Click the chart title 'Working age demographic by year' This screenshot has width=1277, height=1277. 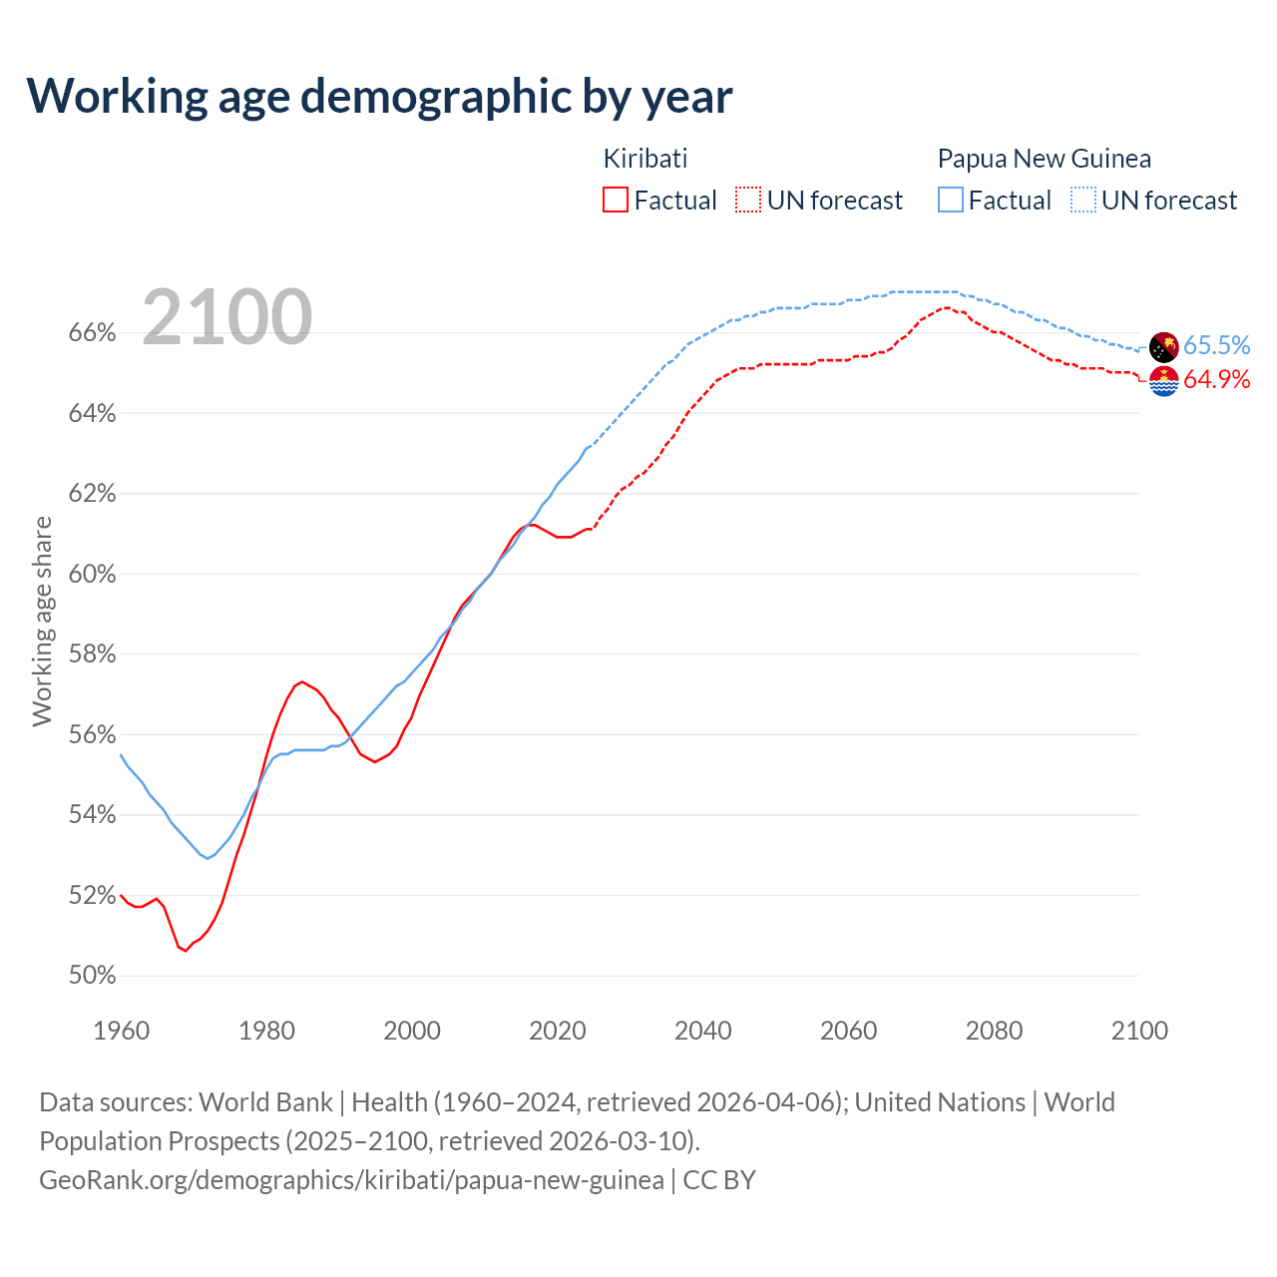tap(379, 96)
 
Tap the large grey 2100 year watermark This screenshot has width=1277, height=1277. tap(227, 317)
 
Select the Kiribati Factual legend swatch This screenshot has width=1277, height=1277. tap(616, 201)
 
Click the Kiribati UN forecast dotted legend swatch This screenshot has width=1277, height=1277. tap(748, 201)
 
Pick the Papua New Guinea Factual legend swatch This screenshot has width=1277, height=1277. tap(951, 201)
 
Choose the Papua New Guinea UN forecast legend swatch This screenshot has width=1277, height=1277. tap(1083, 201)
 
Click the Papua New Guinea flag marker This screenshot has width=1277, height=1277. tap(1163, 347)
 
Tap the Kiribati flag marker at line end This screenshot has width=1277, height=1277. tap(1163, 381)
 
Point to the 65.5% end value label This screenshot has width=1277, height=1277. tap(1216, 345)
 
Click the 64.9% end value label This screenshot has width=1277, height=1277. tap(1216, 380)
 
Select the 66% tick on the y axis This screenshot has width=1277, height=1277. tap(92, 333)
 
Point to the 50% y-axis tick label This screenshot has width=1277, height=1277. tap(92, 976)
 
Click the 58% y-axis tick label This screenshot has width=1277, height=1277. tap(92, 654)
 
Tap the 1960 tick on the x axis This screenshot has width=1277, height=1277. tap(121, 1031)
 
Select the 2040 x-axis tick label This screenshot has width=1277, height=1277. tap(703, 1031)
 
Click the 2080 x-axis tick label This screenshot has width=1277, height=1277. tap(994, 1031)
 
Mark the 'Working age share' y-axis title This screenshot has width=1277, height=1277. tap(42, 621)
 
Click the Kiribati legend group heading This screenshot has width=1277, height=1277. tap(645, 159)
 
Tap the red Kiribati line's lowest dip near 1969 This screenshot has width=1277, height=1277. tap(186, 950)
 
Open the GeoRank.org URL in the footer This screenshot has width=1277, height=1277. tap(351, 1180)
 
